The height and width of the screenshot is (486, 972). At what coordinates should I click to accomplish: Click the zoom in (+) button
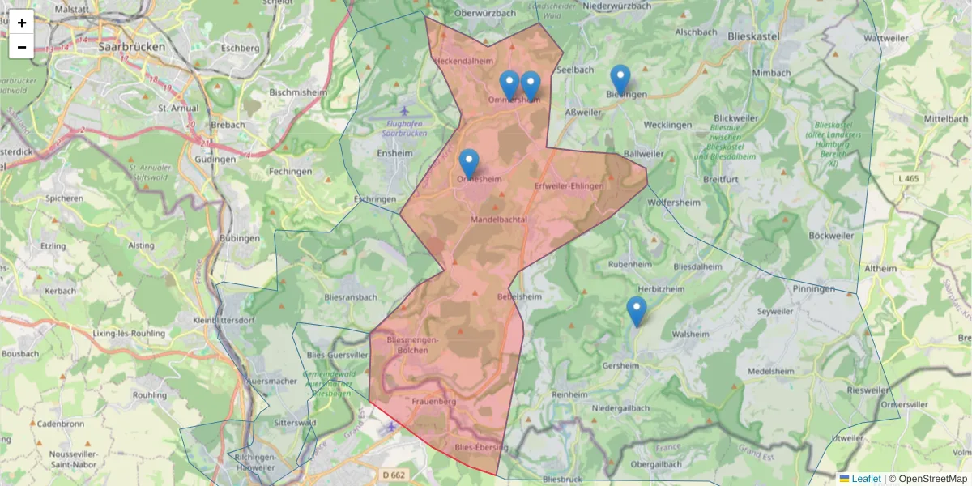pyautogui.click(x=22, y=23)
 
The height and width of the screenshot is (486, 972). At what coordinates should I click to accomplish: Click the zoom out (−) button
pyautogui.click(x=22, y=47)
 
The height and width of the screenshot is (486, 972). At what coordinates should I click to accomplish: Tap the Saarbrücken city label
pyautogui.click(x=131, y=47)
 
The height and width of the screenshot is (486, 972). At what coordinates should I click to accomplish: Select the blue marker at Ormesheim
pyautogui.click(x=469, y=164)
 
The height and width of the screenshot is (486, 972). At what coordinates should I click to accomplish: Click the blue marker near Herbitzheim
pyautogui.click(x=637, y=311)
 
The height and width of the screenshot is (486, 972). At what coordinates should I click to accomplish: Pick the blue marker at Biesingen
pyautogui.click(x=620, y=79)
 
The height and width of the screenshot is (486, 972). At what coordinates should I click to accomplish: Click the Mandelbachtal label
pyautogui.click(x=499, y=220)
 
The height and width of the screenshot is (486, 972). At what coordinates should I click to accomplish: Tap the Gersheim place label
pyautogui.click(x=620, y=365)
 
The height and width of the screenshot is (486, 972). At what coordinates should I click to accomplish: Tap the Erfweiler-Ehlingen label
pyautogui.click(x=569, y=186)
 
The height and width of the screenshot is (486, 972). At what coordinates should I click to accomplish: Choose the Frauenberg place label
pyautogui.click(x=434, y=401)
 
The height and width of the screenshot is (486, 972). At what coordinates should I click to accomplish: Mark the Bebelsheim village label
pyautogui.click(x=519, y=296)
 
